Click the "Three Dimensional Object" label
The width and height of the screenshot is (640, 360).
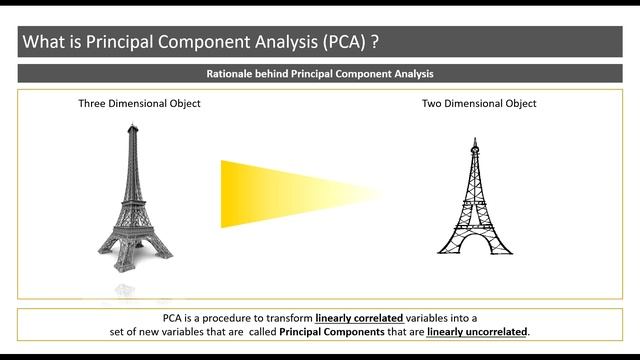(x=140, y=104)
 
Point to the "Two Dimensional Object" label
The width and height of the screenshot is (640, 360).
(x=479, y=104)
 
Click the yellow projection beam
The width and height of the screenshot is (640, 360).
(x=290, y=193)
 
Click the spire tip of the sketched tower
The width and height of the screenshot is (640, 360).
(x=475, y=138)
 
